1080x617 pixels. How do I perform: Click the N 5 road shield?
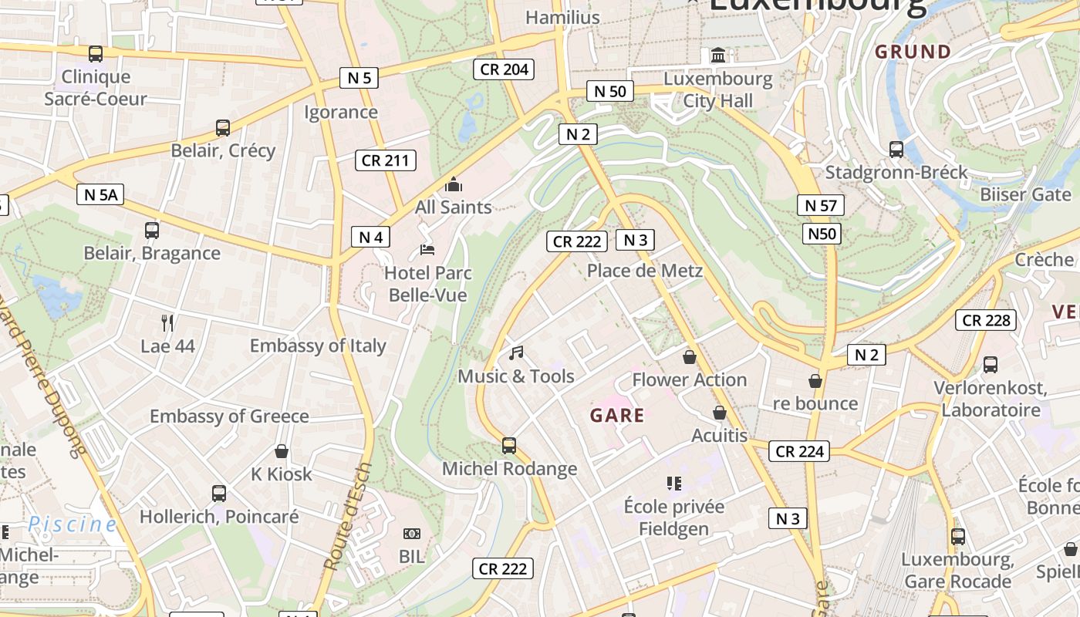359,77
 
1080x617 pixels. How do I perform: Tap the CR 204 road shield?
504,69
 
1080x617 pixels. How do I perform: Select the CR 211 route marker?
386,160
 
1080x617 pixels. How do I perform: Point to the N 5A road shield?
100,194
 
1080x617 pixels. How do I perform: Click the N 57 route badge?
821,205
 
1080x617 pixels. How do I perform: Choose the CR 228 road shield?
986,320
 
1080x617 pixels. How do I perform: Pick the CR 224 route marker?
799,451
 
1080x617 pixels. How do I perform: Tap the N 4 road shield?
370,237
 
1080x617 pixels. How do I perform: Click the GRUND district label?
913,52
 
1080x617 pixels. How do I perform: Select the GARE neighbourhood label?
617,416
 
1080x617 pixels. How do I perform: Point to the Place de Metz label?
645,270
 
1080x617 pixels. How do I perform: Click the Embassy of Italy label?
318,346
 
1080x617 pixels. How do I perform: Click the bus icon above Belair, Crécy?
223,128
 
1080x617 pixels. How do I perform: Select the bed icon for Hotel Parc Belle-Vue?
427,249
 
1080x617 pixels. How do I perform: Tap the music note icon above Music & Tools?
516,353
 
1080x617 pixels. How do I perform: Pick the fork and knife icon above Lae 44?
167,322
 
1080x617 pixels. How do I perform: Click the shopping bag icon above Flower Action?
690,357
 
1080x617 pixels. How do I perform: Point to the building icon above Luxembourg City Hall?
719,55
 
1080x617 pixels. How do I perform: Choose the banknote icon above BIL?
412,533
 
